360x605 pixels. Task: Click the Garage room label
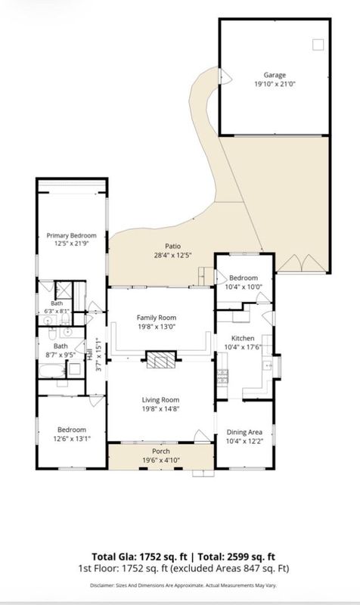tap(275, 75)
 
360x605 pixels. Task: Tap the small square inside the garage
tap(318, 45)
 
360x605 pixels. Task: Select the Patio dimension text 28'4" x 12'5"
tap(173, 255)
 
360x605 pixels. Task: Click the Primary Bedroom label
tap(71, 235)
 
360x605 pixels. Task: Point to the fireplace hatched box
tap(161, 360)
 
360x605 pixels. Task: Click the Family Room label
tap(157, 318)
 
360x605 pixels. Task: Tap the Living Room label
tap(160, 400)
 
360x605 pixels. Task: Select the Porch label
tap(161, 451)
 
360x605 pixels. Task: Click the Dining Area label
tap(244, 432)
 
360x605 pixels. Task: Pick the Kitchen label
tap(243, 338)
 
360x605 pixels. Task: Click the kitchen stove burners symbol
tap(222, 376)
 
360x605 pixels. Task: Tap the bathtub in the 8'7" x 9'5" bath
tap(52, 371)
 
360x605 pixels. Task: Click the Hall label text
tap(89, 355)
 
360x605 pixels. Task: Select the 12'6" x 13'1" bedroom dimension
tap(72, 439)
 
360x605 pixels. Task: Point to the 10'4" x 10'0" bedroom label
tap(244, 278)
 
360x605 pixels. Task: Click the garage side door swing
tap(225, 76)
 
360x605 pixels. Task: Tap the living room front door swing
tap(202, 436)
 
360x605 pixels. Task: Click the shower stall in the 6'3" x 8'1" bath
tap(64, 290)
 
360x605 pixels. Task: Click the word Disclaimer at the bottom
tap(102, 585)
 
